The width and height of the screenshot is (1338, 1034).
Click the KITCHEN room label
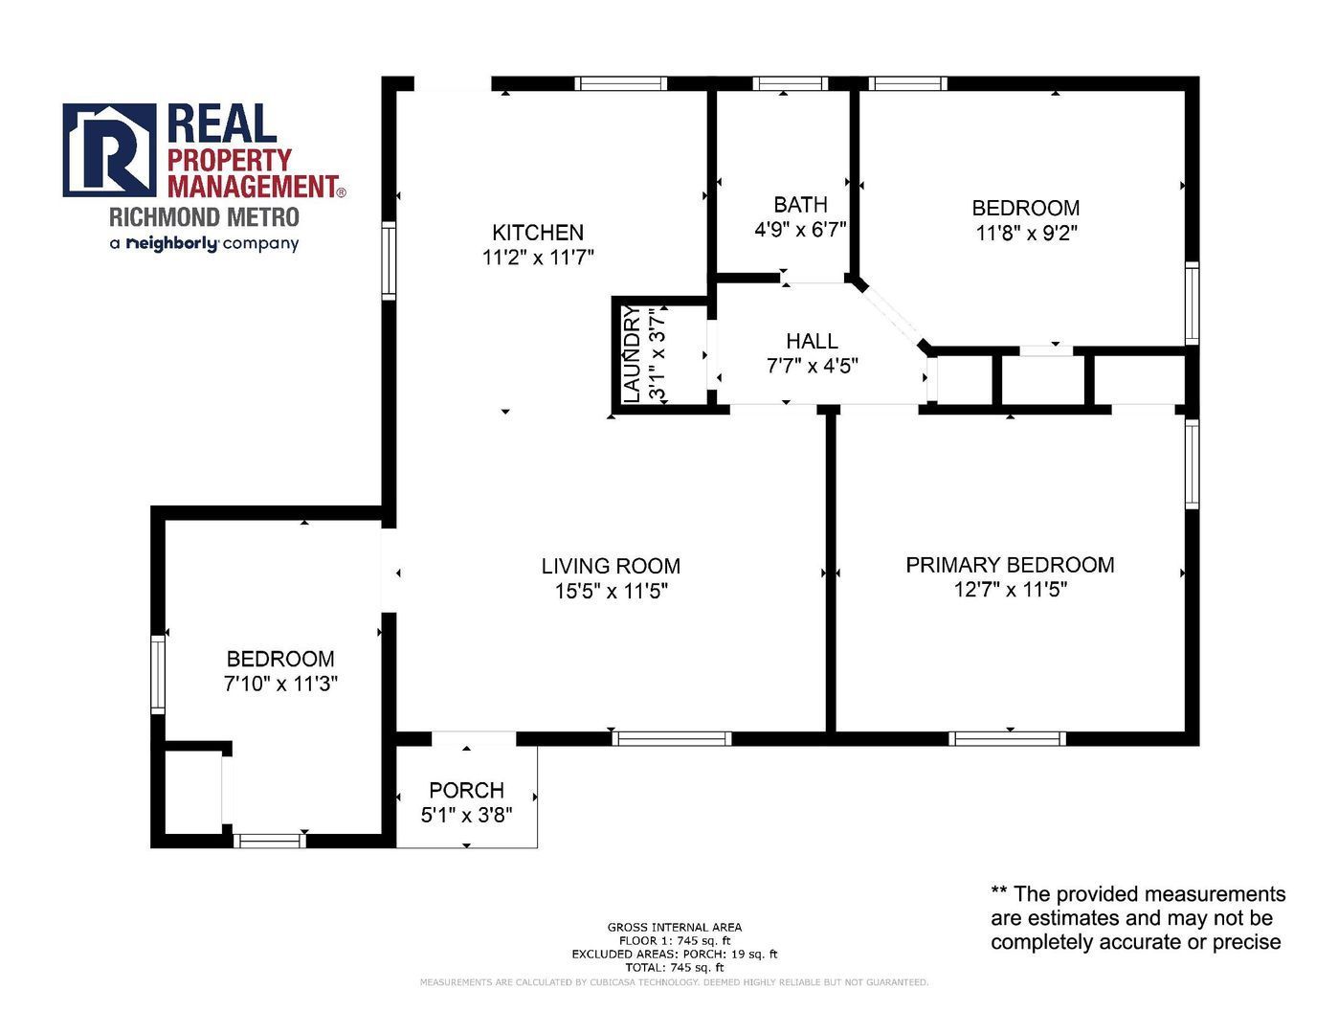click(538, 233)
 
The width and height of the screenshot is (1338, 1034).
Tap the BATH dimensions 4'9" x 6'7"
click(800, 229)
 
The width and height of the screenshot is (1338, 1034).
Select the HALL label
click(812, 341)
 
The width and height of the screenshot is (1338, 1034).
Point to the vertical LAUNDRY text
click(633, 354)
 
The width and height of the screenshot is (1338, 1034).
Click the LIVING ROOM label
click(611, 565)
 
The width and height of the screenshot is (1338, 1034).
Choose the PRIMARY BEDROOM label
click(1010, 564)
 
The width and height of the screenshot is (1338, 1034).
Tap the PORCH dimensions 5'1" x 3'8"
click(466, 815)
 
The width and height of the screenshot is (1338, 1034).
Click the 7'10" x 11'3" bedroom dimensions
click(280, 683)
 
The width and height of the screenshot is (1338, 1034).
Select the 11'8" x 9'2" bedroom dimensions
click(1026, 233)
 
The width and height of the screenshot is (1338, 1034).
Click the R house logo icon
click(109, 150)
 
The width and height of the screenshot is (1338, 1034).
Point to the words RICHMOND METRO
click(205, 216)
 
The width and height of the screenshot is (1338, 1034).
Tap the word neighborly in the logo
click(172, 244)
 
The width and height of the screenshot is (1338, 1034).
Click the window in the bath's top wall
click(790, 83)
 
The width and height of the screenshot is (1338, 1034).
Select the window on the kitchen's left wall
click(389, 261)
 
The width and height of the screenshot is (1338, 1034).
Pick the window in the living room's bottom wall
click(672, 738)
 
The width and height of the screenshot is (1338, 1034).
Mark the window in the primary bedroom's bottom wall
click(1007, 738)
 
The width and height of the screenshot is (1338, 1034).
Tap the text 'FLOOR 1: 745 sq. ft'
click(674, 940)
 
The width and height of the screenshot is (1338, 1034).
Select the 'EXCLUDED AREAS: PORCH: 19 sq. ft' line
click(674, 954)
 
